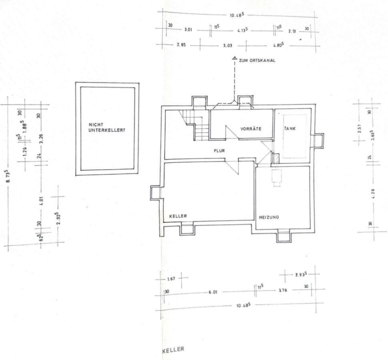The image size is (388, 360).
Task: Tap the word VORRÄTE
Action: pyautogui.click(x=251, y=129)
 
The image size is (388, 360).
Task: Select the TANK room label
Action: pyautogui.click(x=289, y=129)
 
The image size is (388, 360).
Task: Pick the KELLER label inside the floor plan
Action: pyautogui.click(x=178, y=216)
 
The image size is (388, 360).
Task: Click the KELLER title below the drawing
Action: pyautogui.click(x=173, y=350)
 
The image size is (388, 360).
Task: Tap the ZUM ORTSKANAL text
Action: pyautogui.click(x=256, y=61)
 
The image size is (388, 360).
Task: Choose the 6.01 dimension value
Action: pyautogui.click(x=212, y=292)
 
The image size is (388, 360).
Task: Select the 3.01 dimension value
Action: pyautogui.click(x=188, y=30)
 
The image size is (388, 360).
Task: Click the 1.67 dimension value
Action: pyautogui.click(x=171, y=278)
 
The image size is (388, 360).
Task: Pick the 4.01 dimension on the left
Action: pyautogui.click(x=41, y=199)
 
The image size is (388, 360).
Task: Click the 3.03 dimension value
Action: pyautogui.click(x=227, y=46)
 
